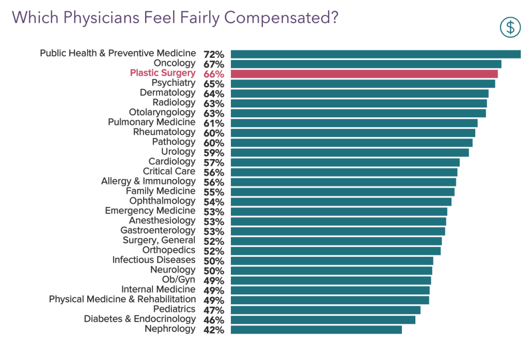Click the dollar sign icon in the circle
[x=510, y=27]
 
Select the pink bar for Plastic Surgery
[x=364, y=74]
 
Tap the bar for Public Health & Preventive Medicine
[x=375, y=54]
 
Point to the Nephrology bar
[x=316, y=330]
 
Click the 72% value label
[x=213, y=54]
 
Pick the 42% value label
[x=213, y=330]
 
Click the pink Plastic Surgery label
[x=162, y=73]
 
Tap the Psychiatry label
[x=173, y=83]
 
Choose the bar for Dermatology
[x=359, y=93]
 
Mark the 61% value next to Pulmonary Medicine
[x=213, y=123]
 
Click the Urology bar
[x=349, y=152]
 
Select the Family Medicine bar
[x=342, y=192]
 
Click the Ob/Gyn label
[x=179, y=280]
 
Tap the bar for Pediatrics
[x=325, y=310]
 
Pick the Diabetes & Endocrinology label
[x=139, y=319]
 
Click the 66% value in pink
[x=213, y=74]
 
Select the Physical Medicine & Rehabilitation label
[x=122, y=300]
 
